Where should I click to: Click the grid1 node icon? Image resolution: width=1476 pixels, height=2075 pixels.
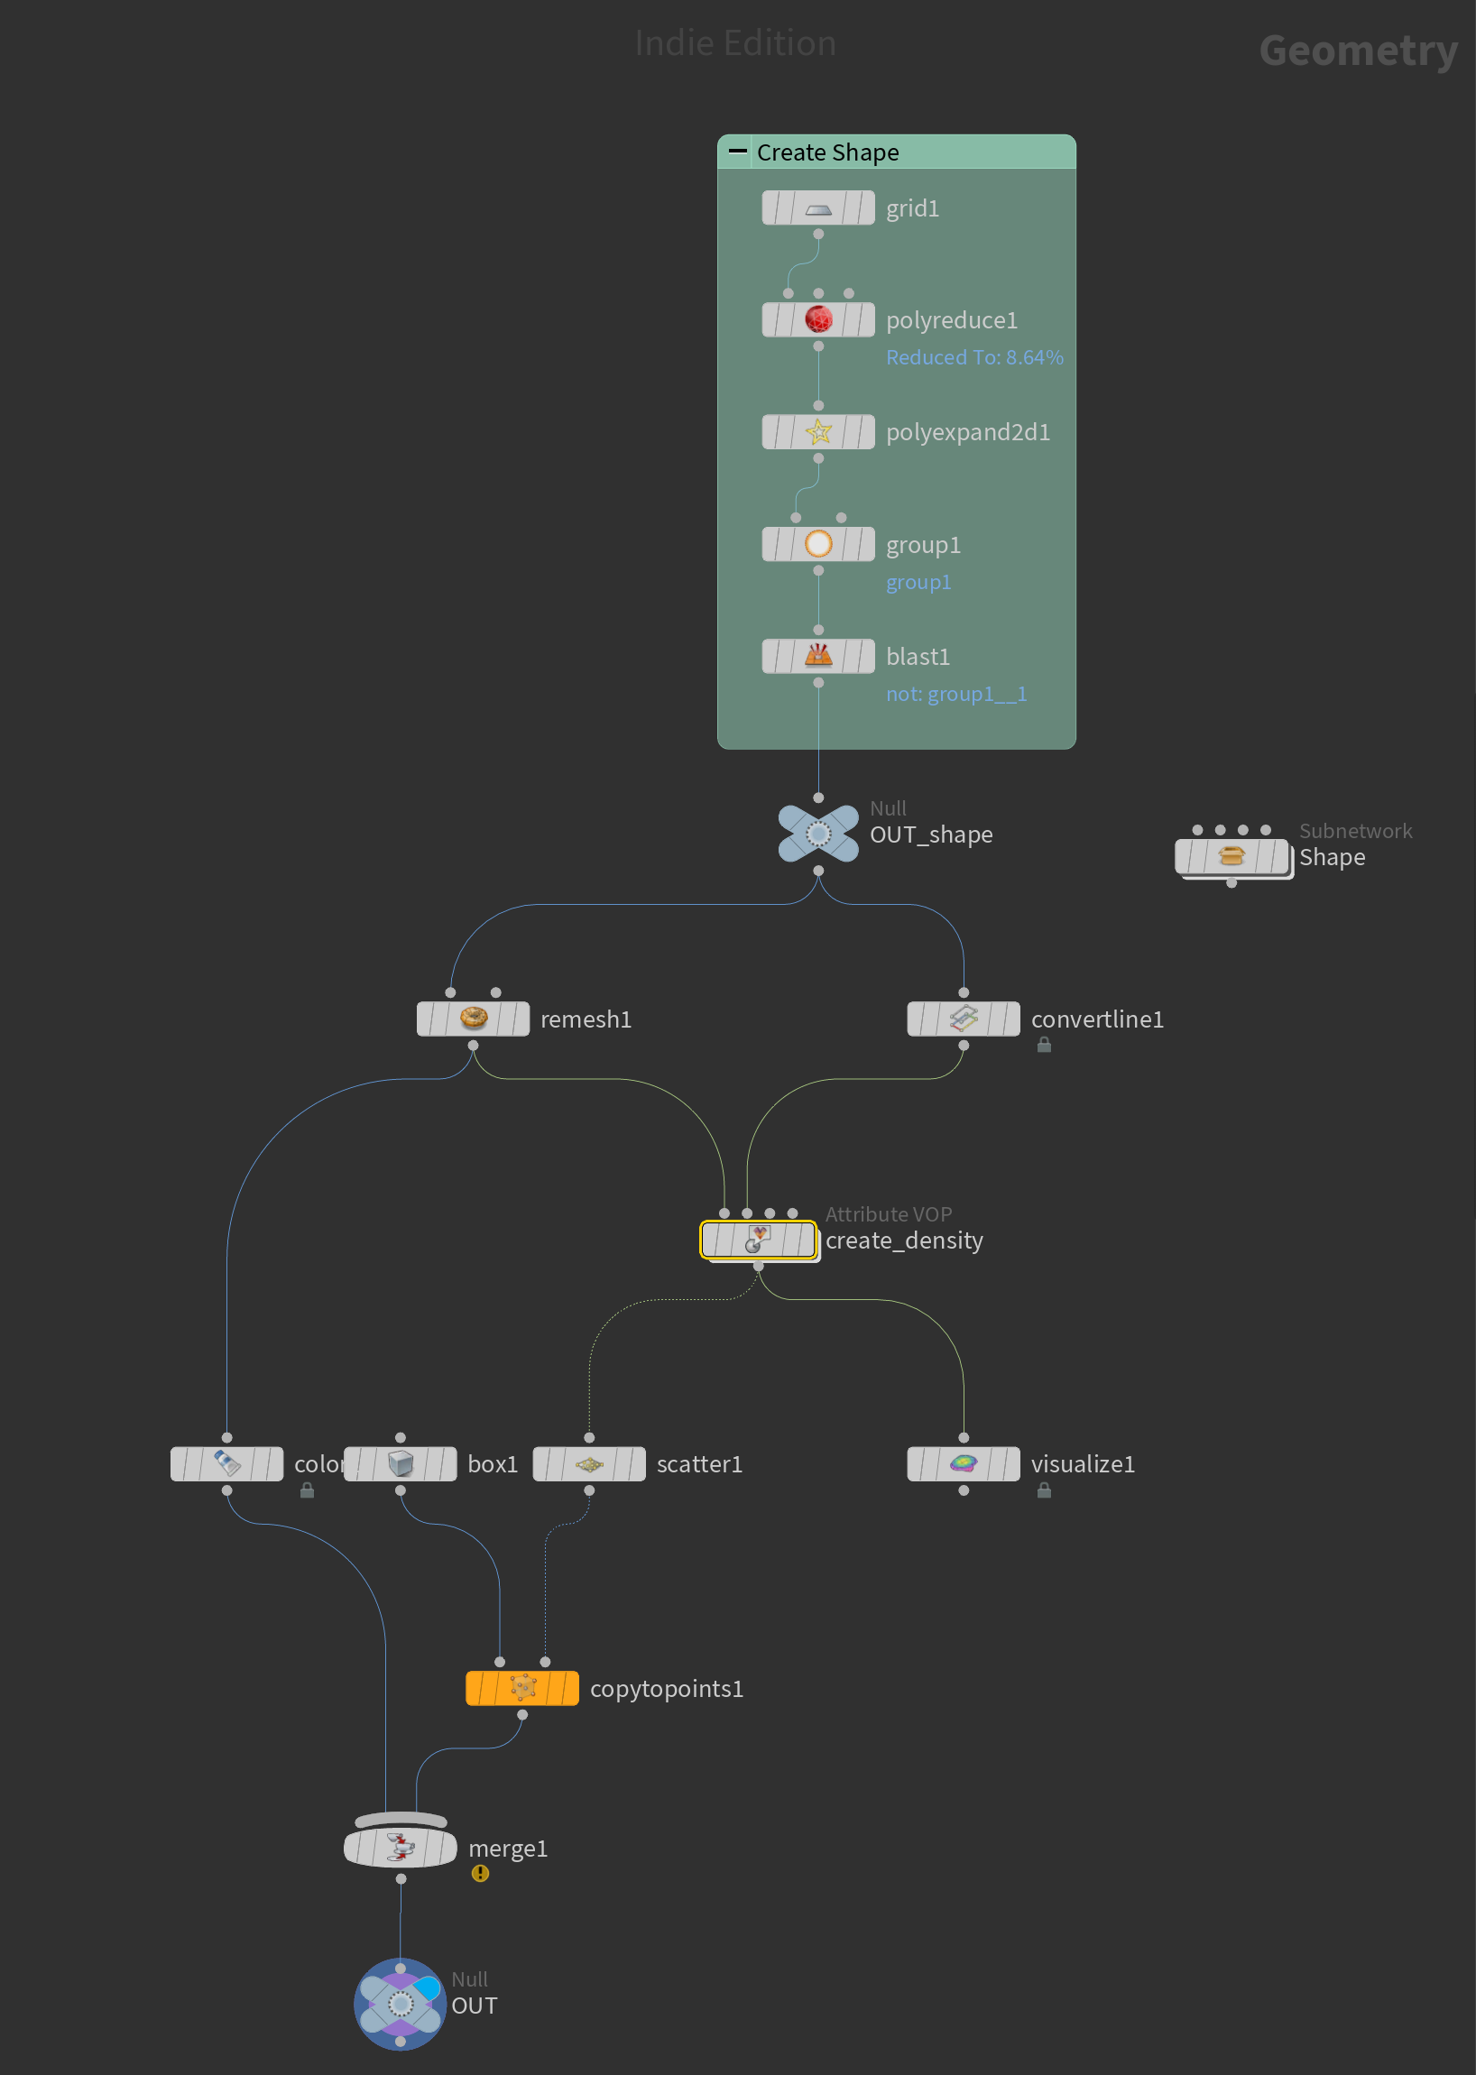pyautogui.click(x=818, y=208)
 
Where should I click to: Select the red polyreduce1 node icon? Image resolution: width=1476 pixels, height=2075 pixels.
pyautogui.click(x=818, y=320)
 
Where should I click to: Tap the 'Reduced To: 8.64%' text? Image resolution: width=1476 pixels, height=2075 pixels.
pyautogui.click(x=974, y=357)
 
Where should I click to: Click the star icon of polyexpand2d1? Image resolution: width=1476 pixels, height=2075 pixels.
pyautogui.click(x=818, y=432)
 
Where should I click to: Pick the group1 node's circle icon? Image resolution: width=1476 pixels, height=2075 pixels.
pyautogui.click(x=818, y=543)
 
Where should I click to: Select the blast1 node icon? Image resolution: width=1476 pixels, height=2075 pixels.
pyautogui.click(x=818, y=655)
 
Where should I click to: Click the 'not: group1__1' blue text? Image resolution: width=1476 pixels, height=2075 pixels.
pyautogui.click(x=956, y=694)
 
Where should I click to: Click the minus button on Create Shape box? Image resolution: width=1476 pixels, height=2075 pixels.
pyautogui.click(x=738, y=151)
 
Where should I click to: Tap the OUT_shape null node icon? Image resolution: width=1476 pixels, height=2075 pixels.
pyautogui.click(x=818, y=834)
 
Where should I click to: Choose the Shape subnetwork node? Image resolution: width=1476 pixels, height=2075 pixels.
pyautogui.click(x=1232, y=856)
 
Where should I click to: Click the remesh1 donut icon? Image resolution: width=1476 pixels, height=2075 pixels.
pyautogui.click(x=473, y=1018)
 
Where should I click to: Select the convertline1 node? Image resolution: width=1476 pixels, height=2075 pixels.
pyautogui.click(x=964, y=1019)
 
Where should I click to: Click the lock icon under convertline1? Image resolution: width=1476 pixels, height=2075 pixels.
pyautogui.click(x=1044, y=1046)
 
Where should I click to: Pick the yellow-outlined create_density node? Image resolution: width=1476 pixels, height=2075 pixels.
pyautogui.click(x=758, y=1240)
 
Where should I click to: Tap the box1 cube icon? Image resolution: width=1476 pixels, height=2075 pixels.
pyautogui.click(x=400, y=1463)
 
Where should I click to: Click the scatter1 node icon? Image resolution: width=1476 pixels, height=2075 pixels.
pyautogui.click(x=589, y=1463)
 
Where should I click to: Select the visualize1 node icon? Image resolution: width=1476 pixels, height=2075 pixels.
pyautogui.click(x=964, y=1463)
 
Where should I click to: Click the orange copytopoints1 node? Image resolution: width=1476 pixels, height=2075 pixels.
pyautogui.click(x=521, y=1688)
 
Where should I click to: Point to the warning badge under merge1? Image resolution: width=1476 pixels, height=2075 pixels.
pyautogui.click(x=480, y=1873)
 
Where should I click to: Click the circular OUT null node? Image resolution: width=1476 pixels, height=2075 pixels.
pyautogui.click(x=400, y=2003)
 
